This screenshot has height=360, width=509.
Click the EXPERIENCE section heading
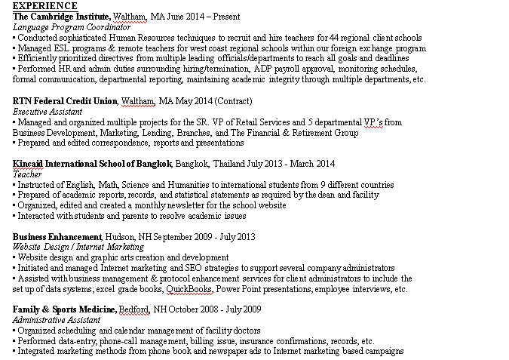pyautogui.click(x=45, y=6)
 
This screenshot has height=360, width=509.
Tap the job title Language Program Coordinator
pyautogui.click(x=72, y=26)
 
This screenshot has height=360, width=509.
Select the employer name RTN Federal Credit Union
pyautogui.click(x=65, y=100)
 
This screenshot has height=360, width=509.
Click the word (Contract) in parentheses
pyautogui.click(x=233, y=100)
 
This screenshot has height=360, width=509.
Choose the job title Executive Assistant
pyautogui.click(x=48, y=111)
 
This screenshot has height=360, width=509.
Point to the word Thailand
pyautogui.click(x=232, y=164)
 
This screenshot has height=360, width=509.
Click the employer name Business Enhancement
pyautogui.click(x=57, y=236)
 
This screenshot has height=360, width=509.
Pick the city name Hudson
pyautogui.click(x=121, y=236)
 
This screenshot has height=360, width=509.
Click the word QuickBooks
pyautogui.click(x=189, y=289)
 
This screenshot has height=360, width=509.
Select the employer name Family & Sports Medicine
pyautogui.click(x=64, y=309)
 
